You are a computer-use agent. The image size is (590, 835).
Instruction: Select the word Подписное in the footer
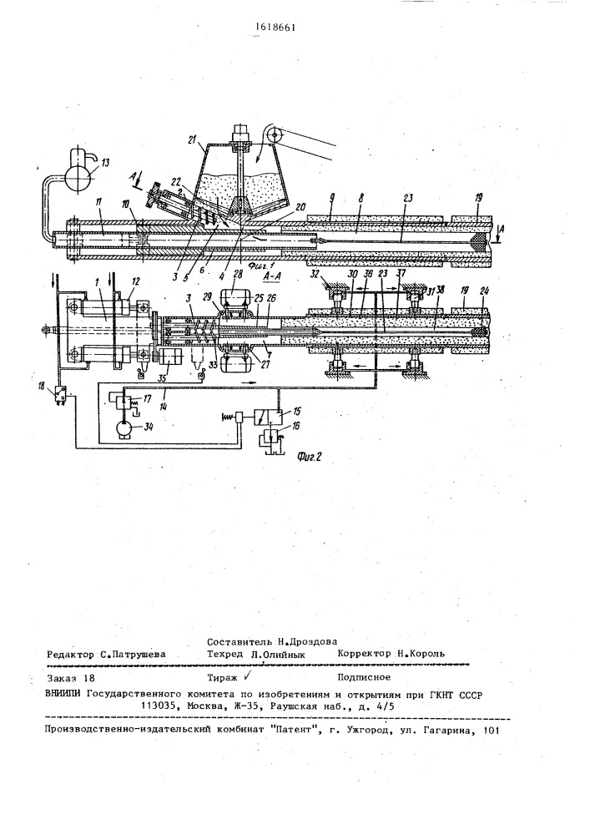coord(366,679)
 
